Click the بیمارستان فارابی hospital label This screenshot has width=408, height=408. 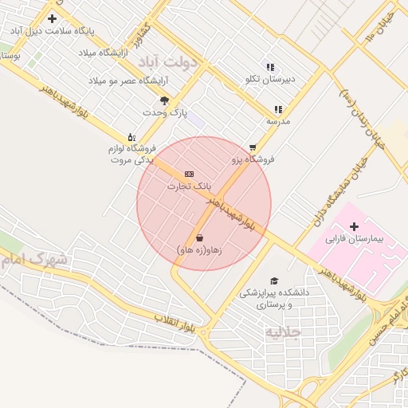(x=355, y=238)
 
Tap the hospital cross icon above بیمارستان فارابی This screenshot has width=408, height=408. (x=354, y=226)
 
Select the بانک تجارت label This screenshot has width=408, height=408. (x=189, y=186)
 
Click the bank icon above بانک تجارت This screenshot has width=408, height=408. (x=189, y=174)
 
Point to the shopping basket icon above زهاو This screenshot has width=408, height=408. (x=198, y=237)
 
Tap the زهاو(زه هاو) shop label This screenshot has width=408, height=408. (x=198, y=249)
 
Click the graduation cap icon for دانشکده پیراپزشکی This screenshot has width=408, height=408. (x=274, y=281)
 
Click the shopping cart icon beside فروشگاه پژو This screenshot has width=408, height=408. (x=253, y=147)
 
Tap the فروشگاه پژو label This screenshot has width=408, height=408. (x=253, y=159)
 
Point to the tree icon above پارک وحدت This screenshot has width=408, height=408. (x=164, y=100)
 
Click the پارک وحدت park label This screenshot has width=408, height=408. (x=164, y=112)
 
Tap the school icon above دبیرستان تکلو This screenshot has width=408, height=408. (x=270, y=67)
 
